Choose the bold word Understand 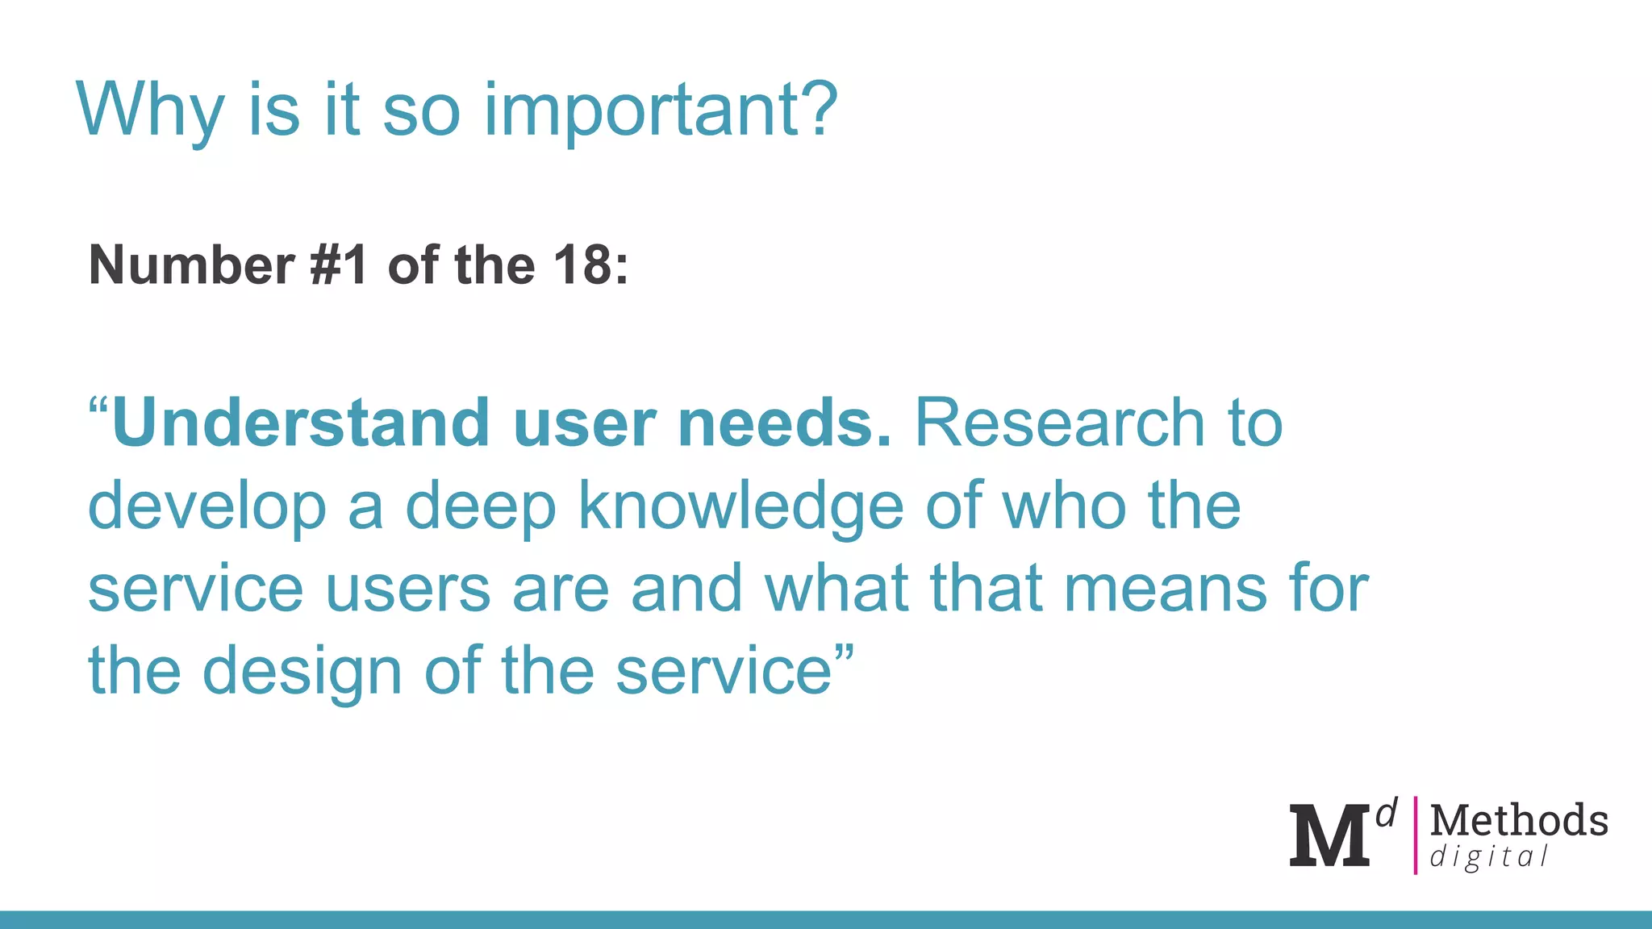click(x=300, y=423)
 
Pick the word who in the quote click(x=1063, y=506)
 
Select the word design click(x=302, y=672)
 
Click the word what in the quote click(x=836, y=589)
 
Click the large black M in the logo click(x=1329, y=835)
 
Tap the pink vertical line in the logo click(x=1415, y=835)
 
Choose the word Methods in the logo click(x=1519, y=820)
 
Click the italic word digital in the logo click(x=1489, y=856)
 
